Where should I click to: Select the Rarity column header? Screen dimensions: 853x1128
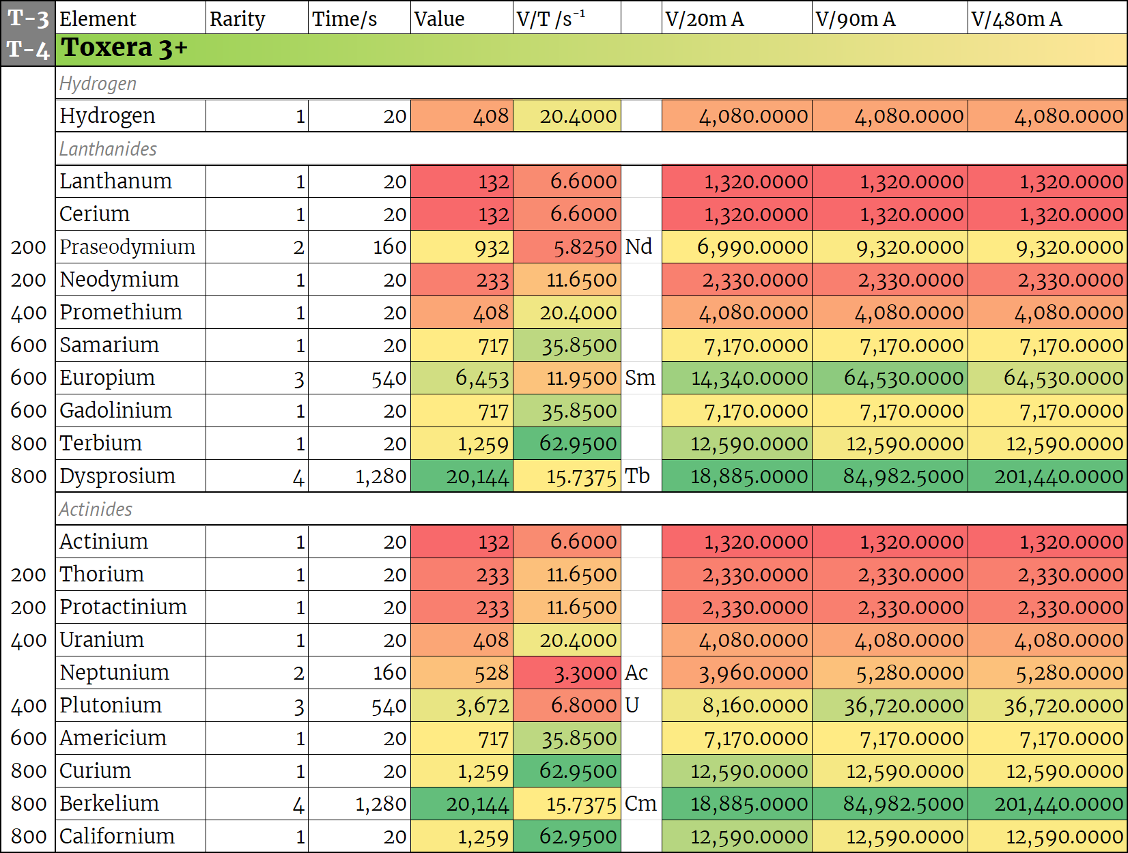pyautogui.click(x=237, y=18)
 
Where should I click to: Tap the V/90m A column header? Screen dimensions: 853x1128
pyautogui.click(x=855, y=18)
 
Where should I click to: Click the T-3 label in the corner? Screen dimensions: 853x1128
pyautogui.click(x=28, y=18)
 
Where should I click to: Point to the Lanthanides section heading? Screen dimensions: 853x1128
pyautogui.click(x=108, y=149)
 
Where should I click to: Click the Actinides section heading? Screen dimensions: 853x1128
pyautogui.click(x=96, y=509)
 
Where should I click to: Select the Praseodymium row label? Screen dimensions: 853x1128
pyautogui.click(x=128, y=247)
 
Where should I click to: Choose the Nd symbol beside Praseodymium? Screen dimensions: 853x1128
pyautogui.click(x=639, y=246)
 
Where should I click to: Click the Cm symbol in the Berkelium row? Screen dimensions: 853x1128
pyautogui.click(x=640, y=803)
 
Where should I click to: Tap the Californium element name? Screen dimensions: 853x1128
pyautogui.click(x=117, y=836)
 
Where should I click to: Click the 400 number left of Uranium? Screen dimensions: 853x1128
pyautogui.click(x=29, y=640)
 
